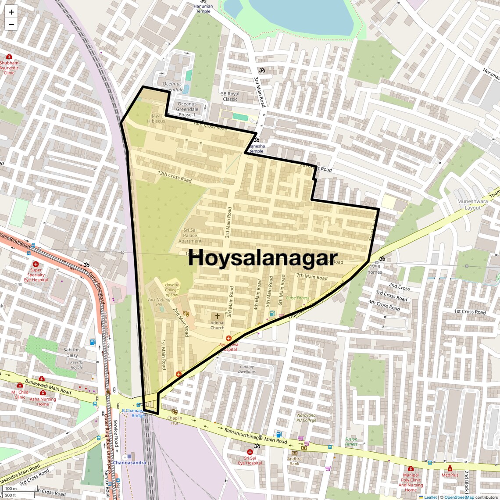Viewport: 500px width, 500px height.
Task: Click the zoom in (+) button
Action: pyautogui.click(x=11, y=12)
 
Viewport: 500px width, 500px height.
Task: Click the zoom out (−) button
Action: pyautogui.click(x=11, y=25)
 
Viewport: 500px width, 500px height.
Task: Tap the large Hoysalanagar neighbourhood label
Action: pyautogui.click(x=263, y=258)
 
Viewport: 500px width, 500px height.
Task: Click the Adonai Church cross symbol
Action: pyautogui.click(x=217, y=316)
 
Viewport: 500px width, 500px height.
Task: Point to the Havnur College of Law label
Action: pyautogui.click(x=172, y=289)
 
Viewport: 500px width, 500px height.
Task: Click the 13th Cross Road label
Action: pyautogui.click(x=175, y=176)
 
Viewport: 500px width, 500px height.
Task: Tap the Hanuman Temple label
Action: pyautogui.click(x=203, y=9)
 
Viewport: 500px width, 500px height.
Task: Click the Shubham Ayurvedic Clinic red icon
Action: pyautogui.click(x=9, y=57)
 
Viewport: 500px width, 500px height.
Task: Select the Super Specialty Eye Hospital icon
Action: pyautogui.click(x=36, y=264)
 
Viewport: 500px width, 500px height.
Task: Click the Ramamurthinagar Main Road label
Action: pyautogui.click(x=256, y=436)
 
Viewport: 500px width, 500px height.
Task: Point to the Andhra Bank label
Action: pyautogui.click(x=294, y=461)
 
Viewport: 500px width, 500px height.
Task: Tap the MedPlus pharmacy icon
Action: pyautogui.click(x=450, y=469)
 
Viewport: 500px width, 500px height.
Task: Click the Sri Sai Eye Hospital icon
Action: pyautogui.click(x=250, y=452)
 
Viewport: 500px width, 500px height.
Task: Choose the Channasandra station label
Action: pyautogui.click(x=129, y=463)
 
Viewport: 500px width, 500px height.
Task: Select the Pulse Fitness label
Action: pyautogui.click(x=297, y=298)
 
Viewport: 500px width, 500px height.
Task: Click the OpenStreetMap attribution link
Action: pyautogui.click(x=459, y=497)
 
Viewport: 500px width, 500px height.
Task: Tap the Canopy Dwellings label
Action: pyautogui.click(x=247, y=369)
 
